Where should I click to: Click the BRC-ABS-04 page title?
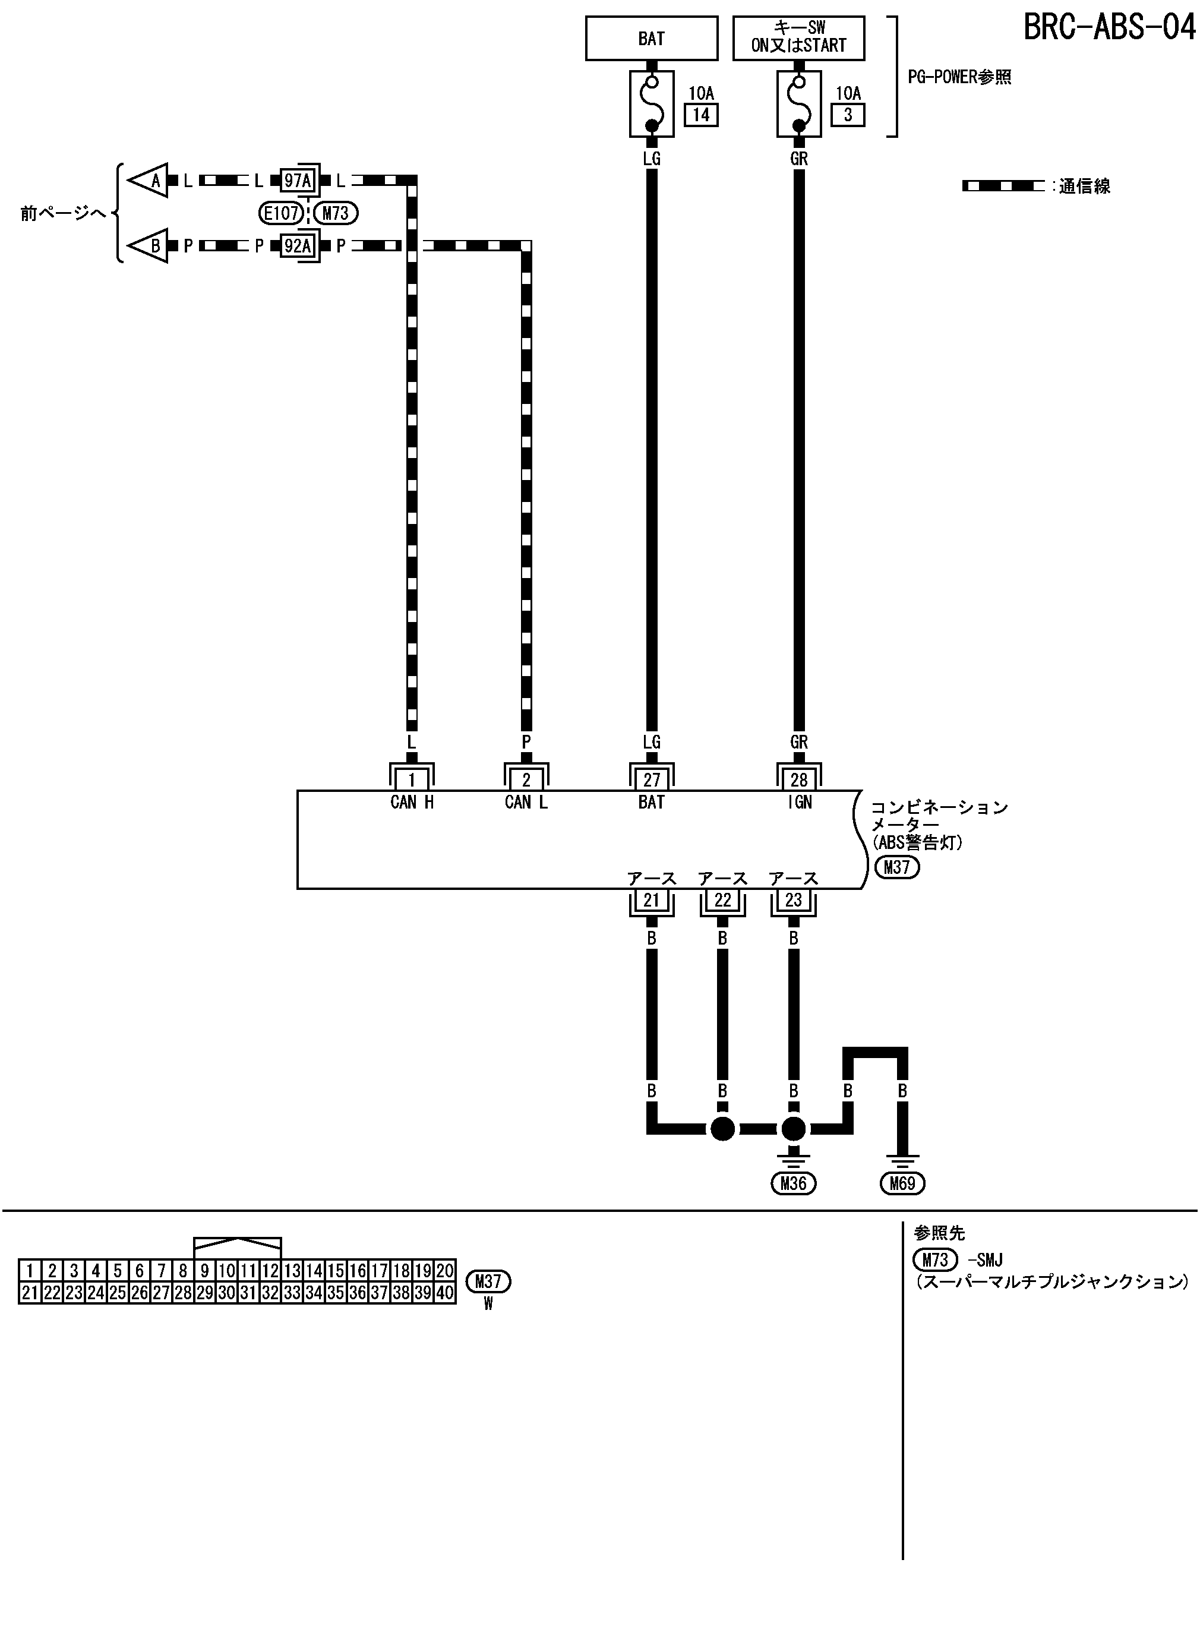pyautogui.click(x=1109, y=27)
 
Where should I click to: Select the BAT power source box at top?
pyautogui.click(x=651, y=39)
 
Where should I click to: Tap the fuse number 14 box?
pyautogui.click(x=701, y=115)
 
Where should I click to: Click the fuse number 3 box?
pyautogui.click(x=848, y=115)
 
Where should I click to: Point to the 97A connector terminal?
pyautogui.click(x=297, y=180)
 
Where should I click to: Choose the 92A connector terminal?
pyautogui.click(x=297, y=246)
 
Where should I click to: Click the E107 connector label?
pyautogui.click(x=281, y=213)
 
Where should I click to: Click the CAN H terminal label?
pyautogui.click(x=412, y=803)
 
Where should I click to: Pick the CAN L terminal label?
pyautogui.click(x=526, y=803)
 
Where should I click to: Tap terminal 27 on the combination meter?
pyautogui.click(x=652, y=780)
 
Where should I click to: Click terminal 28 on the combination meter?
pyautogui.click(x=799, y=780)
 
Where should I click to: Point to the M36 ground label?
pyautogui.click(x=793, y=1184)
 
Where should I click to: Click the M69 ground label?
pyautogui.click(x=902, y=1184)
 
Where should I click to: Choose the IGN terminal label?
pyautogui.click(x=799, y=803)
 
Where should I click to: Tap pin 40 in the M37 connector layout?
pyautogui.click(x=444, y=1293)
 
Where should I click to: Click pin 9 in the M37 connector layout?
pyautogui.click(x=205, y=1271)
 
